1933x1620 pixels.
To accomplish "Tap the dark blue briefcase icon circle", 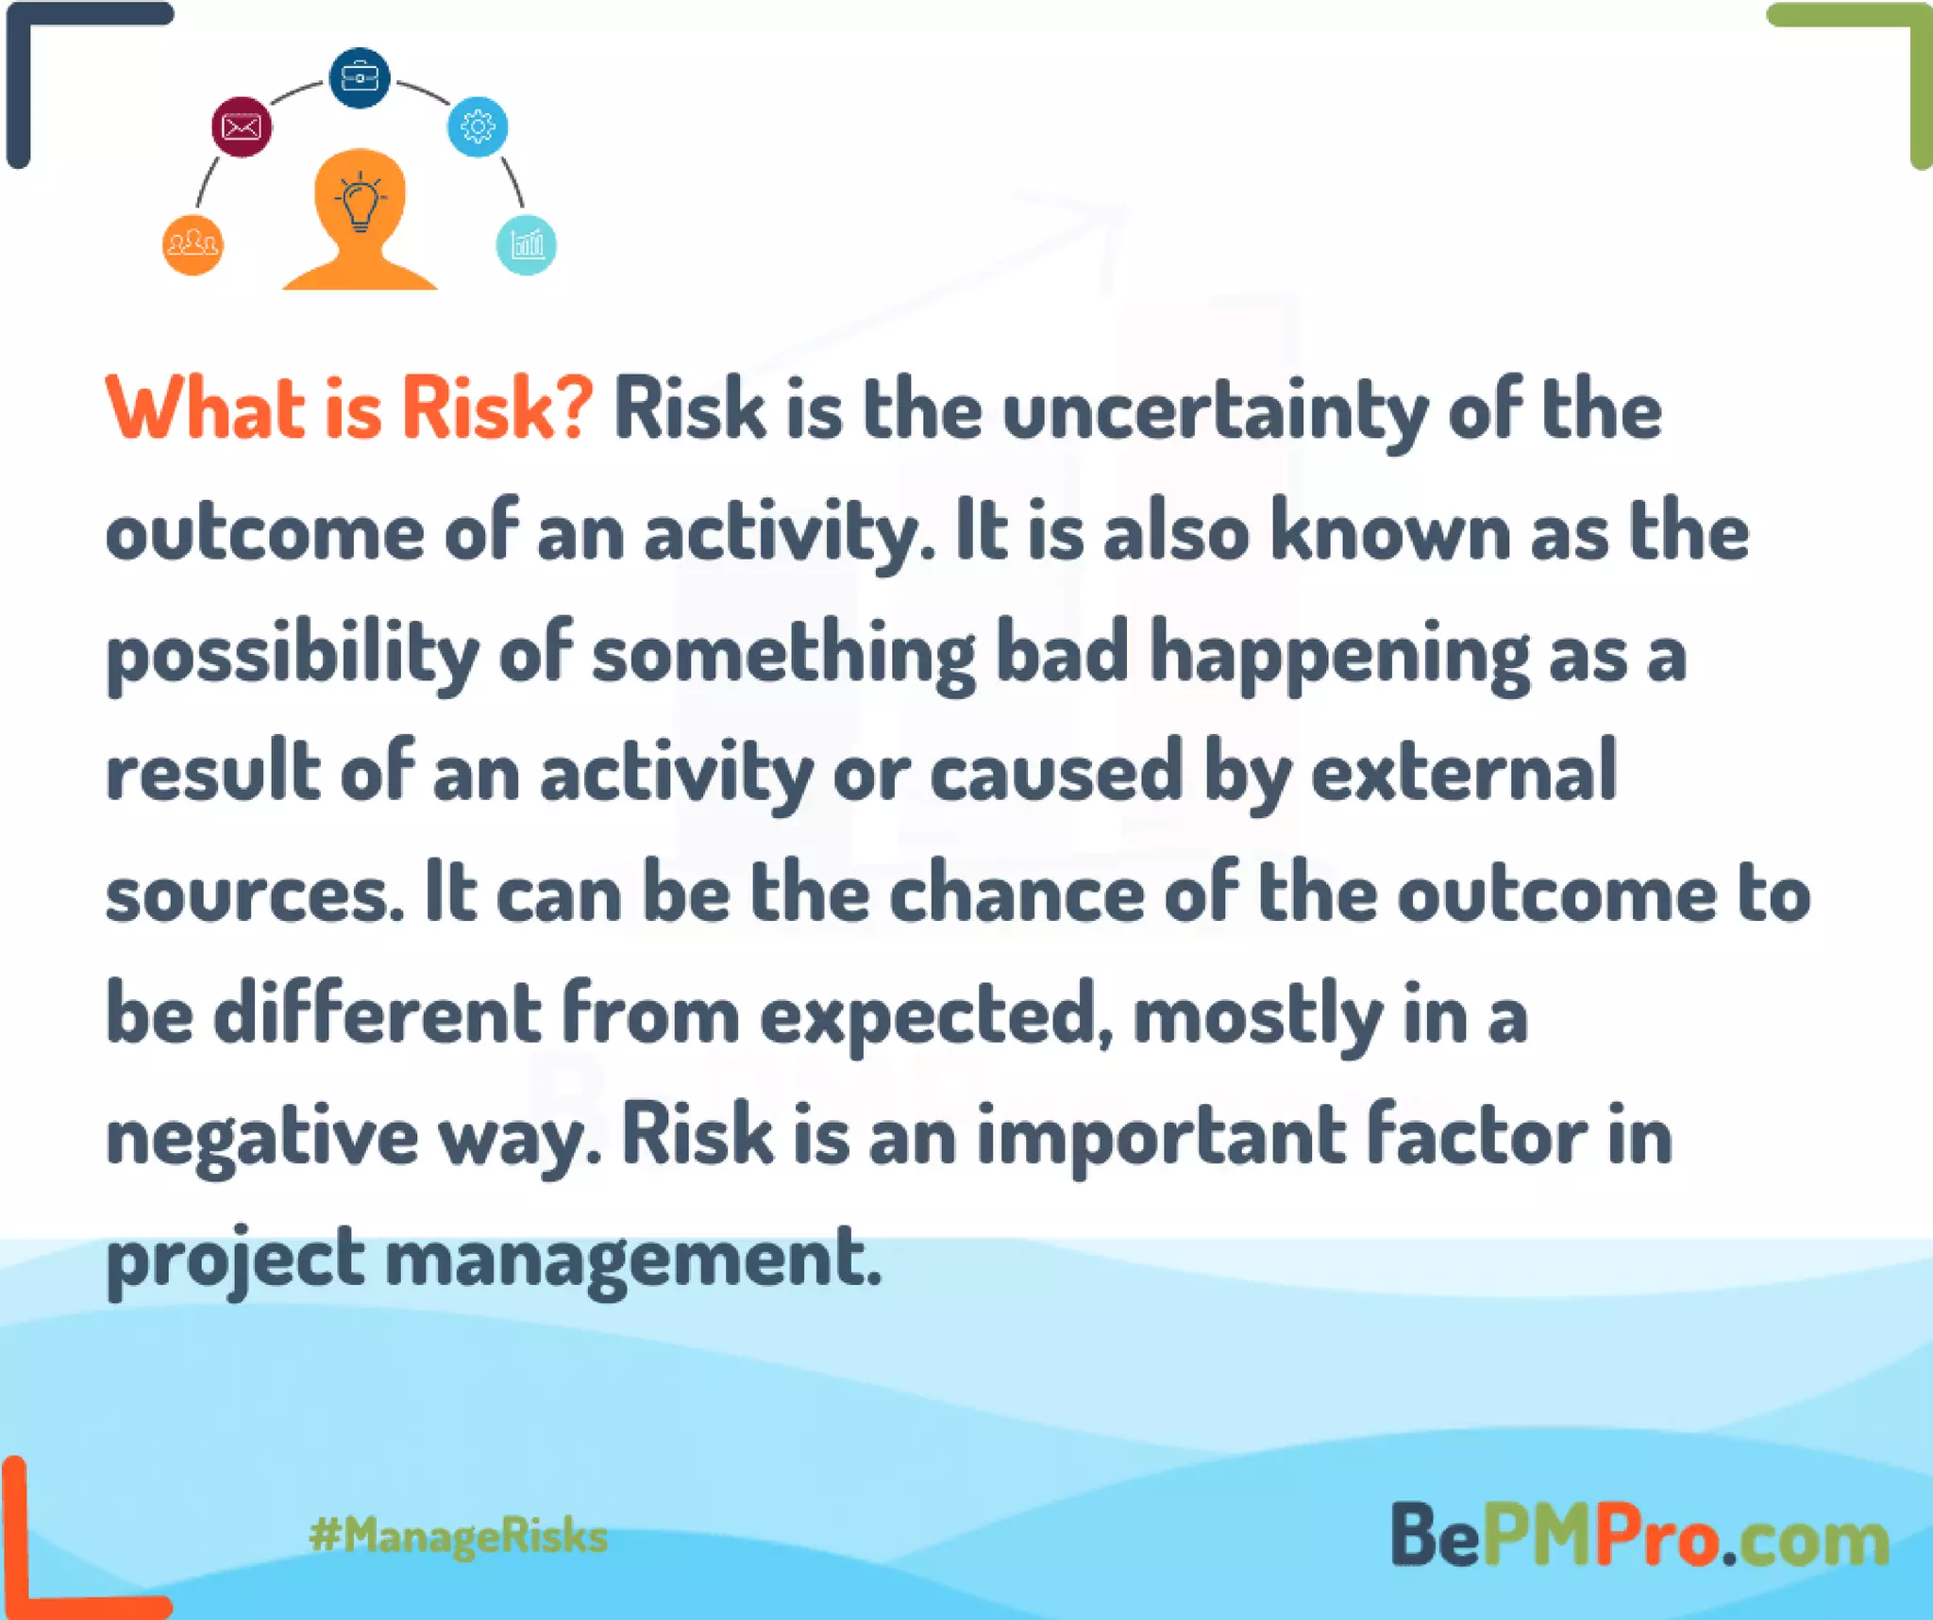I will pyautogui.click(x=360, y=77).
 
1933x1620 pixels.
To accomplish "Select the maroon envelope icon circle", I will pyautogui.click(x=242, y=126).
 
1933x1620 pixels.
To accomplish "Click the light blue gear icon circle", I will pyautogui.click(x=478, y=126).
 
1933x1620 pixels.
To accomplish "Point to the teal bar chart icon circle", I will pyautogui.click(x=526, y=245).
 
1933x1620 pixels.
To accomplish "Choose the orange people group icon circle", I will pyautogui.click(x=193, y=245).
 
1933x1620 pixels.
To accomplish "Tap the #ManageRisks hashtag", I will pyautogui.click(x=459, y=1536).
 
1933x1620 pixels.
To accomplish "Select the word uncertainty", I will pyautogui.click(x=1215, y=412).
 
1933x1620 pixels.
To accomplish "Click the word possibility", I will pyautogui.click(x=293, y=655).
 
